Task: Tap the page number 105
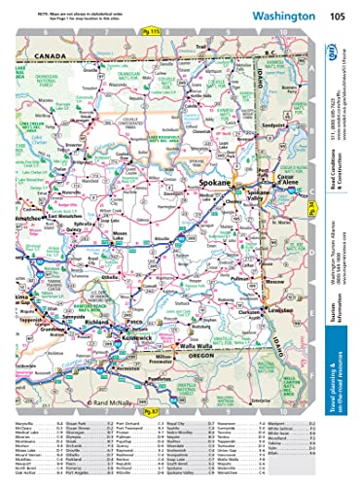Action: [336, 17]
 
